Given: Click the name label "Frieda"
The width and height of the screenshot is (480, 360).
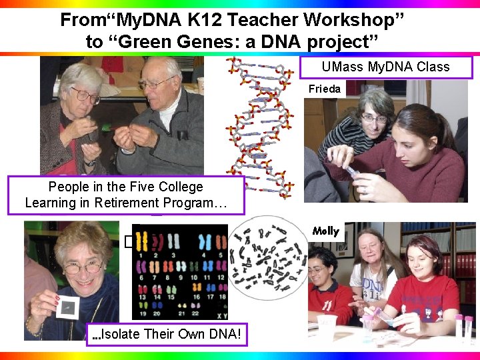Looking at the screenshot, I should pos(325,89).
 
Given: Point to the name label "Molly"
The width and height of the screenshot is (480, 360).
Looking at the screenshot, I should pos(325,231).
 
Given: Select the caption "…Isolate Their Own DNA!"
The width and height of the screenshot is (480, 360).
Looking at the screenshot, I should pos(166,333).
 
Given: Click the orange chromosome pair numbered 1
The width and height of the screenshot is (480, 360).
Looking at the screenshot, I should pos(141,241).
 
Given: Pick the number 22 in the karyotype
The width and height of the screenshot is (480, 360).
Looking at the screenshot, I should pos(197,310).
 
